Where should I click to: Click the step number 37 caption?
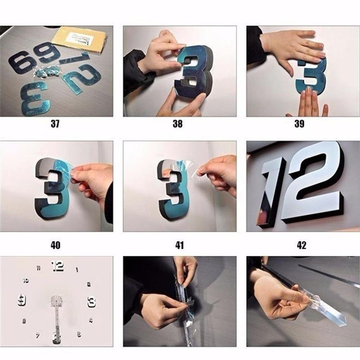click(55, 124)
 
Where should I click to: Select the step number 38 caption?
click(178, 124)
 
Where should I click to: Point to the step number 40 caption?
click(55, 245)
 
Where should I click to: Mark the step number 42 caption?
click(301, 245)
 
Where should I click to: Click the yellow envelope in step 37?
click(81, 38)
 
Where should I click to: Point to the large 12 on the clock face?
click(58, 266)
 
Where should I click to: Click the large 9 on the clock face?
click(22, 301)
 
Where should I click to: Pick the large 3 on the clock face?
click(91, 301)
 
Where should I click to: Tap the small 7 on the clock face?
click(38, 335)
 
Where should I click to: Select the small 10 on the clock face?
click(26, 280)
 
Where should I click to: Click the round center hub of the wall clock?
click(57, 301)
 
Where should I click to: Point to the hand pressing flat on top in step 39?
click(292, 45)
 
